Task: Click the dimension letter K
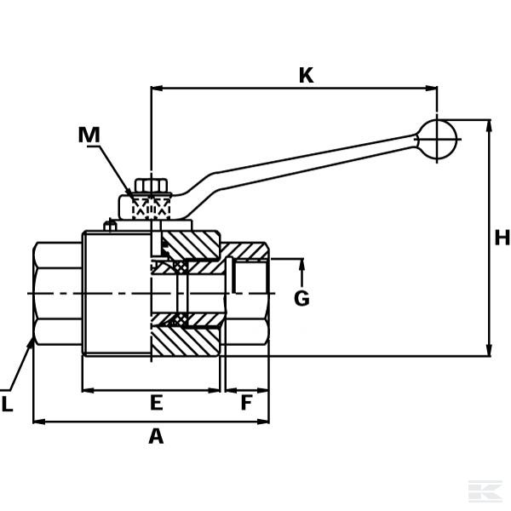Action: coord(306,76)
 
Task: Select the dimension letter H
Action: coord(502,238)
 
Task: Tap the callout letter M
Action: coord(89,135)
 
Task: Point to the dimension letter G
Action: coord(301,299)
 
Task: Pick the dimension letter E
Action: coord(156,403)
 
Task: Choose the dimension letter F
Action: coord(246,403)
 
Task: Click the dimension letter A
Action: coord(156,437)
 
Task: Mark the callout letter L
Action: coord(7,405)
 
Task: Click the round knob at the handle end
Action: coord(437,140)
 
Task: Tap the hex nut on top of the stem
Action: coord(151,186)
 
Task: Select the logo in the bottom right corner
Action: coord(485,491)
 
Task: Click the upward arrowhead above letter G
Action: coord(301,264)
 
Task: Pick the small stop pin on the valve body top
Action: coord(110,226)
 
